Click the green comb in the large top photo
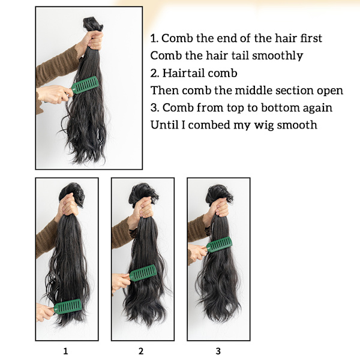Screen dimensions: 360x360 tap(85, 85)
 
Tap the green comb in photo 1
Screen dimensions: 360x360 tap(68, 307)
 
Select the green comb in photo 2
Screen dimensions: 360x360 tap(143, 273)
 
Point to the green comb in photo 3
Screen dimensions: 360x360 tap(219, 245)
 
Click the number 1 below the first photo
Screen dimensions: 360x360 tap(65, 351)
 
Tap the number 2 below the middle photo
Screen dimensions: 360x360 tap(141, 351)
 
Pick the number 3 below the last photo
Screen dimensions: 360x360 tap(218, 351)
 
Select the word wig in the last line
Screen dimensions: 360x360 tap(264, 126)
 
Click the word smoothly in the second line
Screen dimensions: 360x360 tap(277, 56)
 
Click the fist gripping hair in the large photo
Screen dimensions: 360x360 tap(94, 40)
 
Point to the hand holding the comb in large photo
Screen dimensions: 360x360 tap(54, 94)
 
